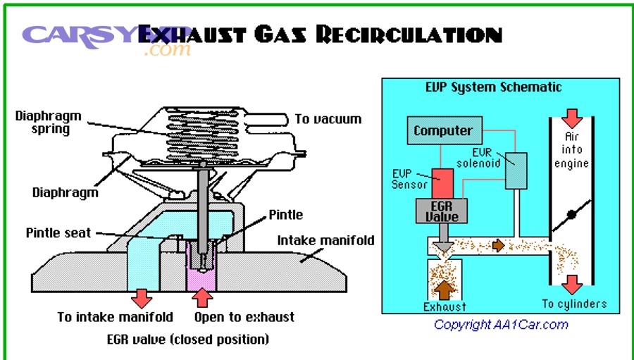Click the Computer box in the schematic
tap(443, 131)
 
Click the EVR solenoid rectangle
tap(516, 170)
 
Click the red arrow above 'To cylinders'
tap(572, 284)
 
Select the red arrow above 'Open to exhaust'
tap(203, 297)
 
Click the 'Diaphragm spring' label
tap(48, 122)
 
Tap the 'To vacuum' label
tap(328, 119)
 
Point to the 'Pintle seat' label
tap(58, 232)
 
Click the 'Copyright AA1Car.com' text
tap(500, 325)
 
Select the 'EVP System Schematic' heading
tap(493, 87)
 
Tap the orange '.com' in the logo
tap(168, 51)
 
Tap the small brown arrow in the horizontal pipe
tap(499, 245)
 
